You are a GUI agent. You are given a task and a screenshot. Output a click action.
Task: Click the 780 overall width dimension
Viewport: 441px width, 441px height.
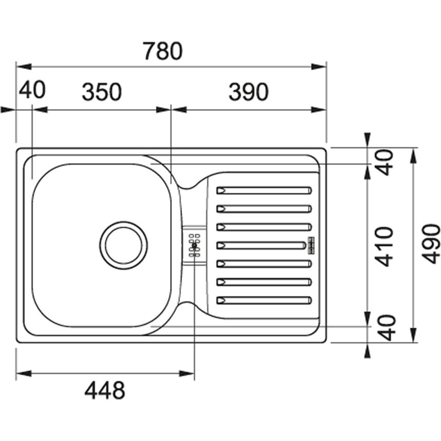tap(163, 51)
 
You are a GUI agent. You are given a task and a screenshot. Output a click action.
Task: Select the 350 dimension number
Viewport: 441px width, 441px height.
tap(102, 92)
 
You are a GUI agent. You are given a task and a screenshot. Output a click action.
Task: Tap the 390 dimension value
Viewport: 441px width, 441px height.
tap(249, 92)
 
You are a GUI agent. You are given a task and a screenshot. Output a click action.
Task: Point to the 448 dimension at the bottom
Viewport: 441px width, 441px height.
tap(105, 390)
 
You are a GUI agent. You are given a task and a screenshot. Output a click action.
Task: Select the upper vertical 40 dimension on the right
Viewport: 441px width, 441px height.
tap(384, 163)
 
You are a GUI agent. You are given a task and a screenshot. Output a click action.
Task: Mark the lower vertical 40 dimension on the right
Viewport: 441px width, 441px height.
tap(386, 328)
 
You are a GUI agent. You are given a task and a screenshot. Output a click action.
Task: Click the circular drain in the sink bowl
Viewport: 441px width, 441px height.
tap(124, 245)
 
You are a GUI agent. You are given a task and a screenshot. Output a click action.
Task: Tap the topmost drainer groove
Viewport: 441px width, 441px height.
tap(264, 190)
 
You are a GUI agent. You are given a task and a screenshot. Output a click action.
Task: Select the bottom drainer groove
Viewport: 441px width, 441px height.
tap(264, 300)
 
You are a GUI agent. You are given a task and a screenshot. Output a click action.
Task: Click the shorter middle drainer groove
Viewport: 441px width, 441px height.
tap(261, 245)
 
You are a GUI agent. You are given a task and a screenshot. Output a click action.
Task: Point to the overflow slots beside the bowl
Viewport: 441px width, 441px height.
tap(194, 245)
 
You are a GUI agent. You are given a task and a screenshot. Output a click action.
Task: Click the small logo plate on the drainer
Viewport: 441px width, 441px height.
tap(311, 246)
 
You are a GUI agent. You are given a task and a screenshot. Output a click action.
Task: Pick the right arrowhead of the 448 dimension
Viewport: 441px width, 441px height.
tap(187, 374)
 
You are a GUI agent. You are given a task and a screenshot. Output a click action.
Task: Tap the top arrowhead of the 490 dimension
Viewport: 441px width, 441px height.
tap(413, 155)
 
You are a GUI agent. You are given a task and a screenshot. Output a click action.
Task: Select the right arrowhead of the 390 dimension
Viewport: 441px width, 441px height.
tap(318, 110)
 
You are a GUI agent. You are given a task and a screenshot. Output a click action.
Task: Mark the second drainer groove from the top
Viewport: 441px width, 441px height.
tap(264, 209)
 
